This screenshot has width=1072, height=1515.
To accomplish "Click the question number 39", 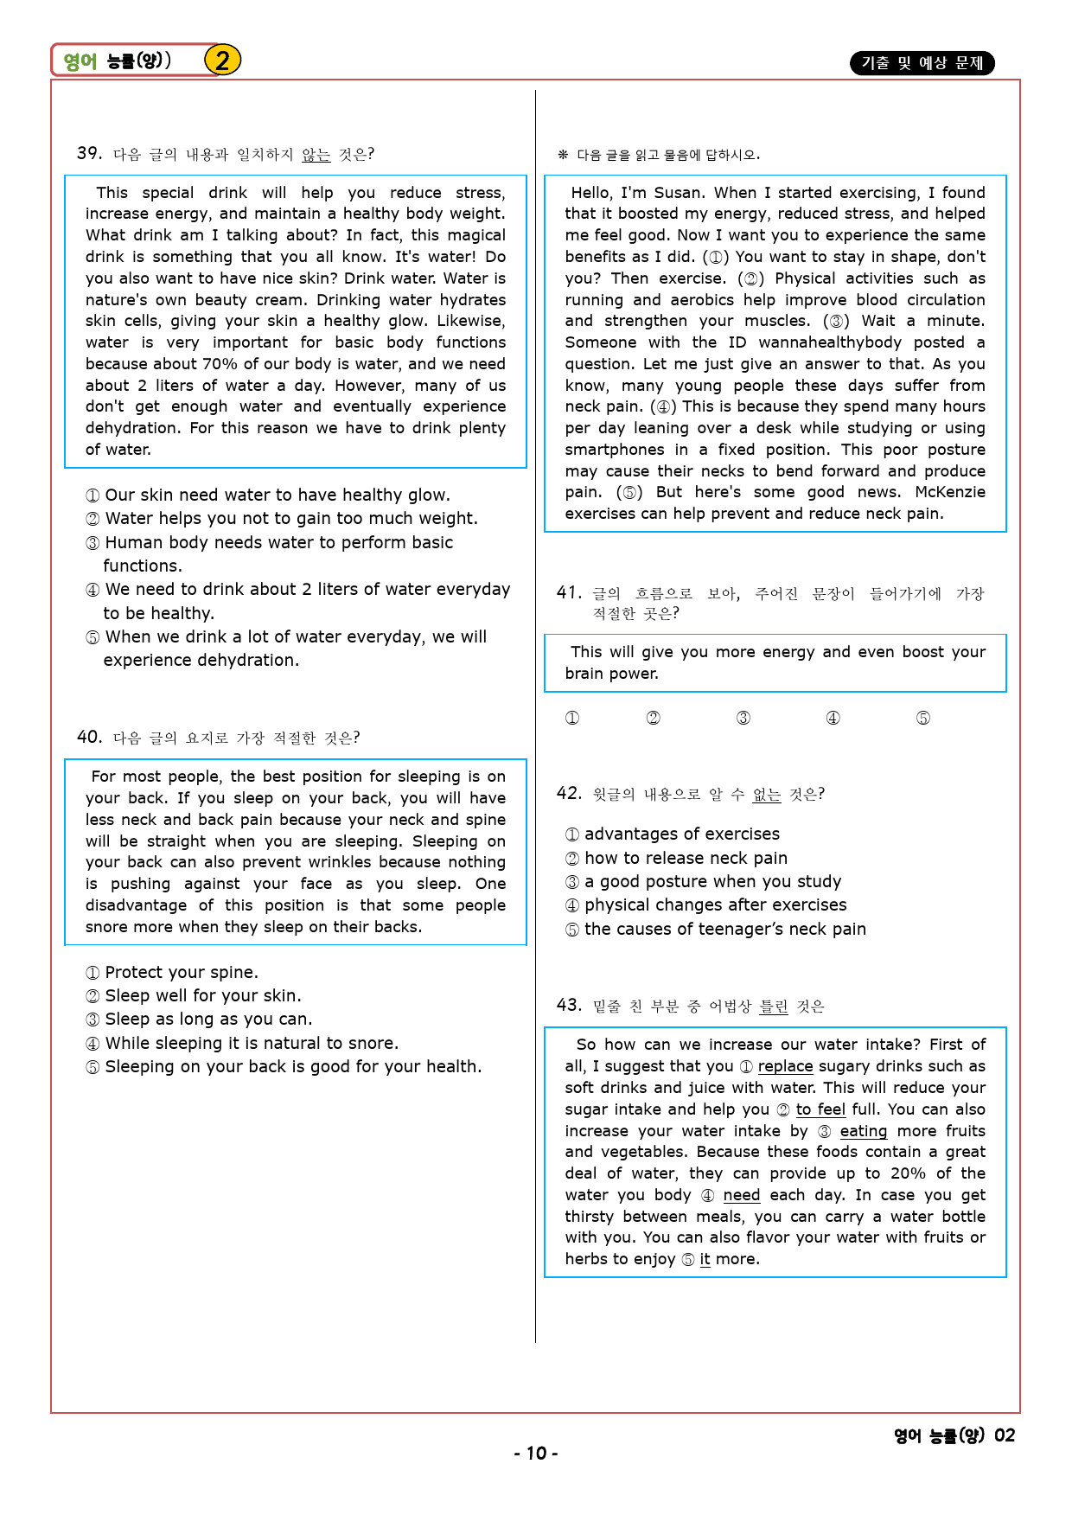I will click(x=89, y=154).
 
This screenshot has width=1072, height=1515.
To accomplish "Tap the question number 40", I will click(x=89, y=738).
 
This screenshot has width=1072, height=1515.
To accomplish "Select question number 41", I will click(x=569, y=593).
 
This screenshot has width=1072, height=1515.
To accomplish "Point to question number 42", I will click(x=569, y=794).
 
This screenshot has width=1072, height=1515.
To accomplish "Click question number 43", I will click(x=569, y=1005).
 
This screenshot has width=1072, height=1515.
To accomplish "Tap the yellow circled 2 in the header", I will click(x=222, y=61).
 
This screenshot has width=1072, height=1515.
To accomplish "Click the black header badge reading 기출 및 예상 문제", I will click(x=922, y=63).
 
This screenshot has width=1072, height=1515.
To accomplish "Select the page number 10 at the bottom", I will click(x=536, y=1454).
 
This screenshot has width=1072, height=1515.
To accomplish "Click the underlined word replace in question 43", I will click(x=785, y=1066).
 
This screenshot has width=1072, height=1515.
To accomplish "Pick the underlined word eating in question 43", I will click(x=863, y=1131).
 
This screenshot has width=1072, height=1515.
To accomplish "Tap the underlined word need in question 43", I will click(x=741, y=1195).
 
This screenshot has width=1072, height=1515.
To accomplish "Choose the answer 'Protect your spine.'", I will click(x=182, y=973).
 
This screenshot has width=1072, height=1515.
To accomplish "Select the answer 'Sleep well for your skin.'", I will click(x=203, y=996).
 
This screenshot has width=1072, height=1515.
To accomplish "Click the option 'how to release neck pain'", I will click(x=686, y=859).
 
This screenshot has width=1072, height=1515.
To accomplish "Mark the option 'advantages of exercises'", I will click(x=681, y=834).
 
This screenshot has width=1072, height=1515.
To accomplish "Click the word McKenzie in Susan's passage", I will click(x=949, y=492).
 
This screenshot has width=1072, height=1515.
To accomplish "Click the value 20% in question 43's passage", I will click(x=908, y=1173).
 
